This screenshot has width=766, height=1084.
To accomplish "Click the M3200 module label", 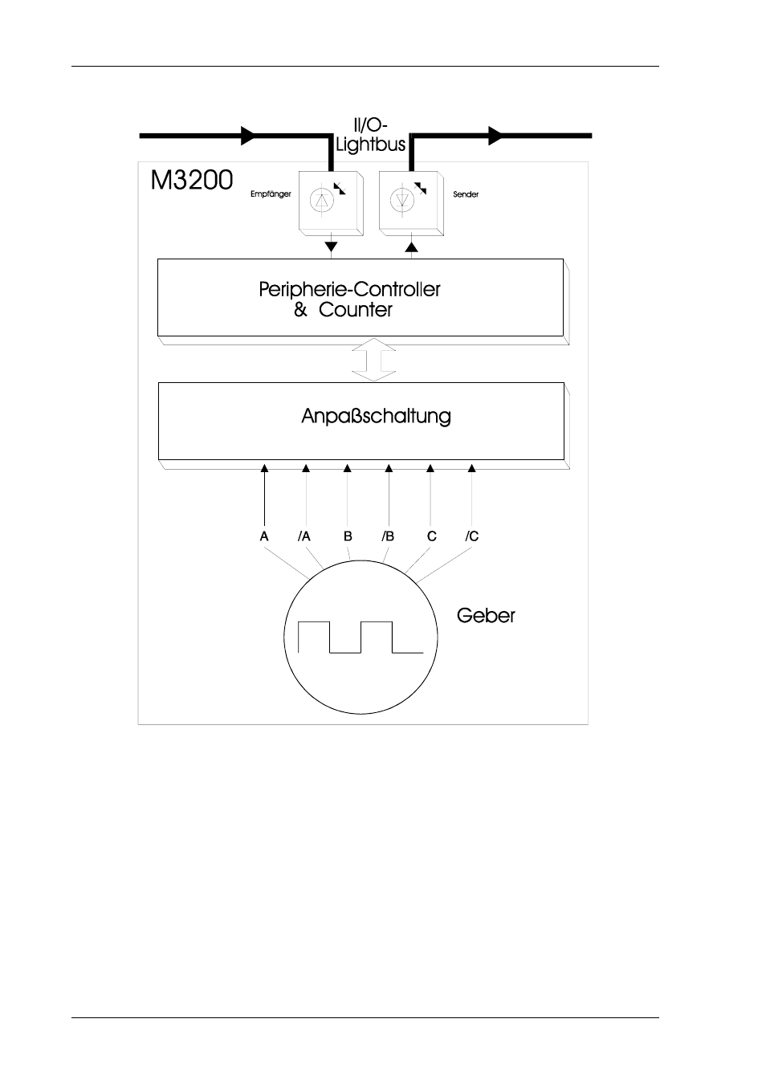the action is pyautogui.click(x=192, y=180).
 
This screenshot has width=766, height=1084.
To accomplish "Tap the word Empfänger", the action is pyautogui.click(x=271, y=194).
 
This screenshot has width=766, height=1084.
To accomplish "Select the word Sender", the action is pyautogui.click(x=466, y=194).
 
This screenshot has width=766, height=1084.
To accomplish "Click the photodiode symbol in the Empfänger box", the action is pyautogui.click(x=322, y=200).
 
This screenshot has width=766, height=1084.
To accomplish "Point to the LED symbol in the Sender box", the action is pyautogui.click(x=402, y=200).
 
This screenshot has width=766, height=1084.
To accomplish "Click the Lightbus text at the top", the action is pyautogui.click(x=371, y=145).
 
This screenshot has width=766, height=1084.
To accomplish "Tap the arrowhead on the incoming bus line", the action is pyautogui.click(x=248, y=136).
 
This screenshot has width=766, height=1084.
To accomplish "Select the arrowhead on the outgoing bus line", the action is pyautogui.click(x=496, y=136).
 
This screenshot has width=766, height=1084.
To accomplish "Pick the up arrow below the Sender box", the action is pyautogui.click(x=411, y=247).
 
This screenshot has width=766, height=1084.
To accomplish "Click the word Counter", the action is pyautogui.click(x=355, y=310).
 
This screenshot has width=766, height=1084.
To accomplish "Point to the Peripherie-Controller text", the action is pyautogui.click(x=349, y=289).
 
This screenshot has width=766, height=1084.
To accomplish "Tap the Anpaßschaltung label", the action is pyautogui.click(x=376, y=416).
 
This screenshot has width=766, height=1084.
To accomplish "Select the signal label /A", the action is pyautogui.click(x=304, y=536).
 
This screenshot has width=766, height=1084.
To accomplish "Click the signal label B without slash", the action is pyautogui.click(x=348, y=536).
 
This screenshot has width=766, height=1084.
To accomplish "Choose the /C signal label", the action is pyautogui.click(x=472, y=536).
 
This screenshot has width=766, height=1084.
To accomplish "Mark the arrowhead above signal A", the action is pyautogui.click(x=264, y=468).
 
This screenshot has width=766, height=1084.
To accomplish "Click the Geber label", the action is pyautogui.click(x=486, y=616).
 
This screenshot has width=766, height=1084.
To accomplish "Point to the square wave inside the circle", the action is pyautogui.click(x=361, y=637).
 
